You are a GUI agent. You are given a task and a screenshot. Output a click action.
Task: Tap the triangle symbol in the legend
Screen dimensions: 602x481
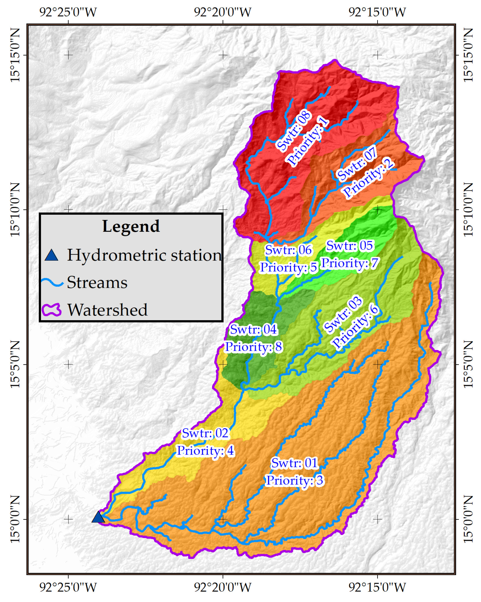pos(52,255)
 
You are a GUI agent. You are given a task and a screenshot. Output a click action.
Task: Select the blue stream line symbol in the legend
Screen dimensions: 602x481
pos(52,282)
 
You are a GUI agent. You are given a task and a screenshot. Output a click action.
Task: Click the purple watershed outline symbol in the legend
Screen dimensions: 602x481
pos(52,310)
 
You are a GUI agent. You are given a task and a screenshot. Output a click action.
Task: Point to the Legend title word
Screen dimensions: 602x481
pos(131,226)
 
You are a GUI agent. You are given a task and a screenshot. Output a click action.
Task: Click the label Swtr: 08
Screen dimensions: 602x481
pos(294,131)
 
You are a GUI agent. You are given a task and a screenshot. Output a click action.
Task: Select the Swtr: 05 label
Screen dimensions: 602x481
pos(350,246)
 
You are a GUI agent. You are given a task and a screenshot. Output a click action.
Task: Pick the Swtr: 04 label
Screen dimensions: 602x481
pos(253,329)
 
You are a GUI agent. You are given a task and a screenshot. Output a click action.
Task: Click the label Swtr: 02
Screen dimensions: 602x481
pos(205,433)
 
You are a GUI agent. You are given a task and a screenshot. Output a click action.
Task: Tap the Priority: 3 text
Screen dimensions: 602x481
pos(294,480)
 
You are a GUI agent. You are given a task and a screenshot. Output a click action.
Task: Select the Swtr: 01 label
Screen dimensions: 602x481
pos(294,463)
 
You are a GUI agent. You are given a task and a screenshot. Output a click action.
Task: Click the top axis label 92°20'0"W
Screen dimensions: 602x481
pos(222,12)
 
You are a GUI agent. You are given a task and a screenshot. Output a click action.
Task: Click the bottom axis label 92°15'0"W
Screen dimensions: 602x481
pos(377,587)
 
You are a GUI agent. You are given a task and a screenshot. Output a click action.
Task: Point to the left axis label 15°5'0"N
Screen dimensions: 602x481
pos(15,364)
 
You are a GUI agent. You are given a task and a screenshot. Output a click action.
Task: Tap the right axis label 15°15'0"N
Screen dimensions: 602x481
pos(468,55)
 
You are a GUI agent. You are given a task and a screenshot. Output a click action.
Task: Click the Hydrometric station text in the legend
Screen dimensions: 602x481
pos(144,255)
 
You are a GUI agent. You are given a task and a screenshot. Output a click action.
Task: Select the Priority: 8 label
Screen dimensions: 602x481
pos(253,347)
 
